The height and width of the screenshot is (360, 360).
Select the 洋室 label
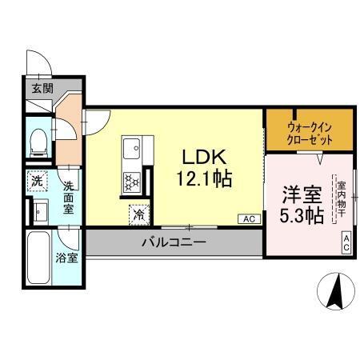tap(302, 194)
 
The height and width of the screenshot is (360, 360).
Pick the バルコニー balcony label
tap(174, 242)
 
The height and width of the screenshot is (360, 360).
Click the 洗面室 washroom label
tap(69, 196)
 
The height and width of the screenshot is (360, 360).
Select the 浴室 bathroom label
tap(67, 258)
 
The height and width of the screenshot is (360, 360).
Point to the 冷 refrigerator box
tap(139, 214)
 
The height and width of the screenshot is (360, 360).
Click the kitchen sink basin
tap(132, 149)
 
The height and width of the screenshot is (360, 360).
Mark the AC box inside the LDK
tap(247, 218)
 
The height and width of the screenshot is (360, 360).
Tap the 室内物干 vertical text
tap(342, 198)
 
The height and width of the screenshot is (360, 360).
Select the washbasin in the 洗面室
tap(39, 211)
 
